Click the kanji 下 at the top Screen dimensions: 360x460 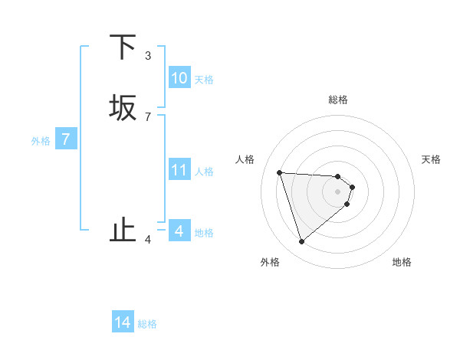(123, 48)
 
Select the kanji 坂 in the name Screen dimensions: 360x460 (123, 108)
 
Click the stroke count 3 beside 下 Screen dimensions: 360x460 (148, 56)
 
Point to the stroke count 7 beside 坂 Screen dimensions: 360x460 (148, 116)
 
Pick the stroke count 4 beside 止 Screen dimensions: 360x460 (148, 240)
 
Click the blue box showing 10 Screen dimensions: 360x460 (179, 78)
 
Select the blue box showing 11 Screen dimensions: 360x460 (179, 170)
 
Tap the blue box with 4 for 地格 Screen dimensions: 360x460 (179, 231)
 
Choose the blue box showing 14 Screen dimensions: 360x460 (123, 322)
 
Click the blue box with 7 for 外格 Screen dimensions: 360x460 (66, 139)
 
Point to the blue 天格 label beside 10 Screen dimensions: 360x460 (204, 79)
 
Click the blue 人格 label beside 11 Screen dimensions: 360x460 (204, 171)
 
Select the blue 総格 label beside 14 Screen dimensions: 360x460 (147, 323)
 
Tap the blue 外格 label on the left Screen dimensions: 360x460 (41, 140)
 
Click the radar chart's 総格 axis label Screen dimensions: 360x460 (338, 100)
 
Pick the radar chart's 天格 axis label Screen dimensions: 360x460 (431, 159)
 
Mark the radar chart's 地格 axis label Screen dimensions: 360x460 (402, 262)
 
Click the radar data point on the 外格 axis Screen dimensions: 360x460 (301, 242)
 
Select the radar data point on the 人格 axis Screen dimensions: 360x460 (280, 172)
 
